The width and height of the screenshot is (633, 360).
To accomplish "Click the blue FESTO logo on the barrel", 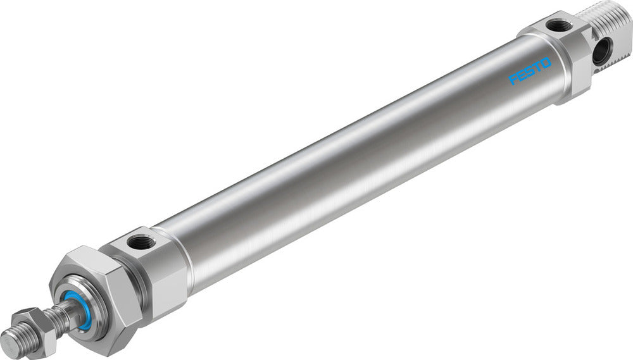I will pyautogui.click(x=530, y=71).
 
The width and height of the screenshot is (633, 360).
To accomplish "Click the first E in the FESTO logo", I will pyautogui.click(x=523, y=76).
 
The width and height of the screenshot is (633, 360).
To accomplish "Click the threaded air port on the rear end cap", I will pyautogui.click(x=559, y=26).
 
